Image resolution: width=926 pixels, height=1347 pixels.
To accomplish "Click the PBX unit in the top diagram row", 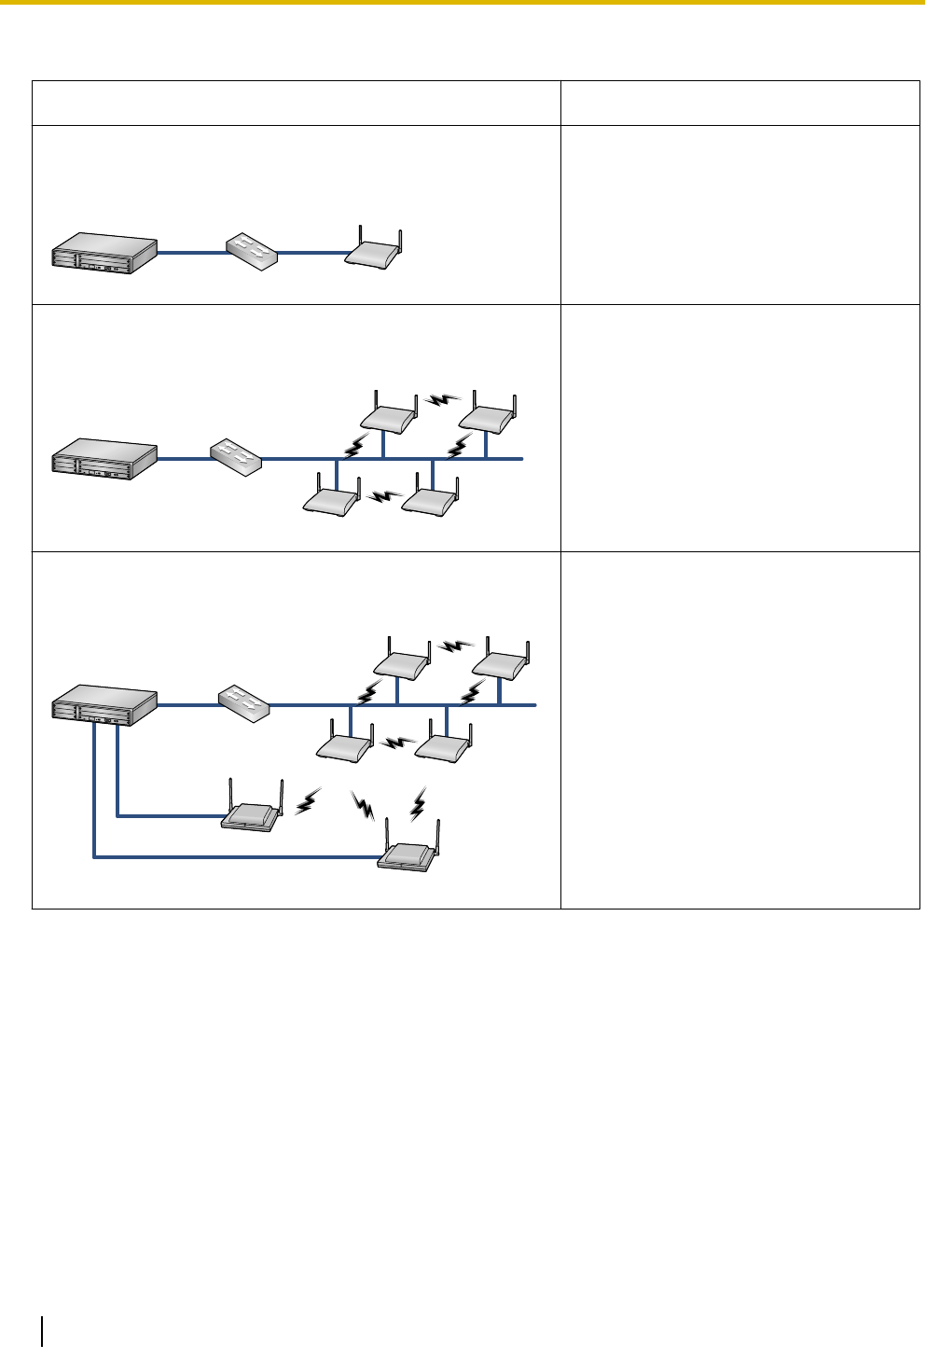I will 103,253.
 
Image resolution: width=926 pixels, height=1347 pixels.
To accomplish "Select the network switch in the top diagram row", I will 252,250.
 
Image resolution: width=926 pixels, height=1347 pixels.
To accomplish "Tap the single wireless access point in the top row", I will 376,253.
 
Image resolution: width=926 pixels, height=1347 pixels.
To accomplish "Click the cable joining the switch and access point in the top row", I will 312,252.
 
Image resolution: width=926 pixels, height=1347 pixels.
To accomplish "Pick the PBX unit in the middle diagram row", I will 103,459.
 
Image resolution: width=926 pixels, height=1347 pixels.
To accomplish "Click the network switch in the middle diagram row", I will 235,455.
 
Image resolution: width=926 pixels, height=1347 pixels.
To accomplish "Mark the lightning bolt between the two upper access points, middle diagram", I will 441,400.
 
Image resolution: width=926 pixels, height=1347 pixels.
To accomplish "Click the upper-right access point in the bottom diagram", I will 504,663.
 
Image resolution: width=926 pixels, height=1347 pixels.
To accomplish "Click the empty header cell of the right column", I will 739,103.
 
